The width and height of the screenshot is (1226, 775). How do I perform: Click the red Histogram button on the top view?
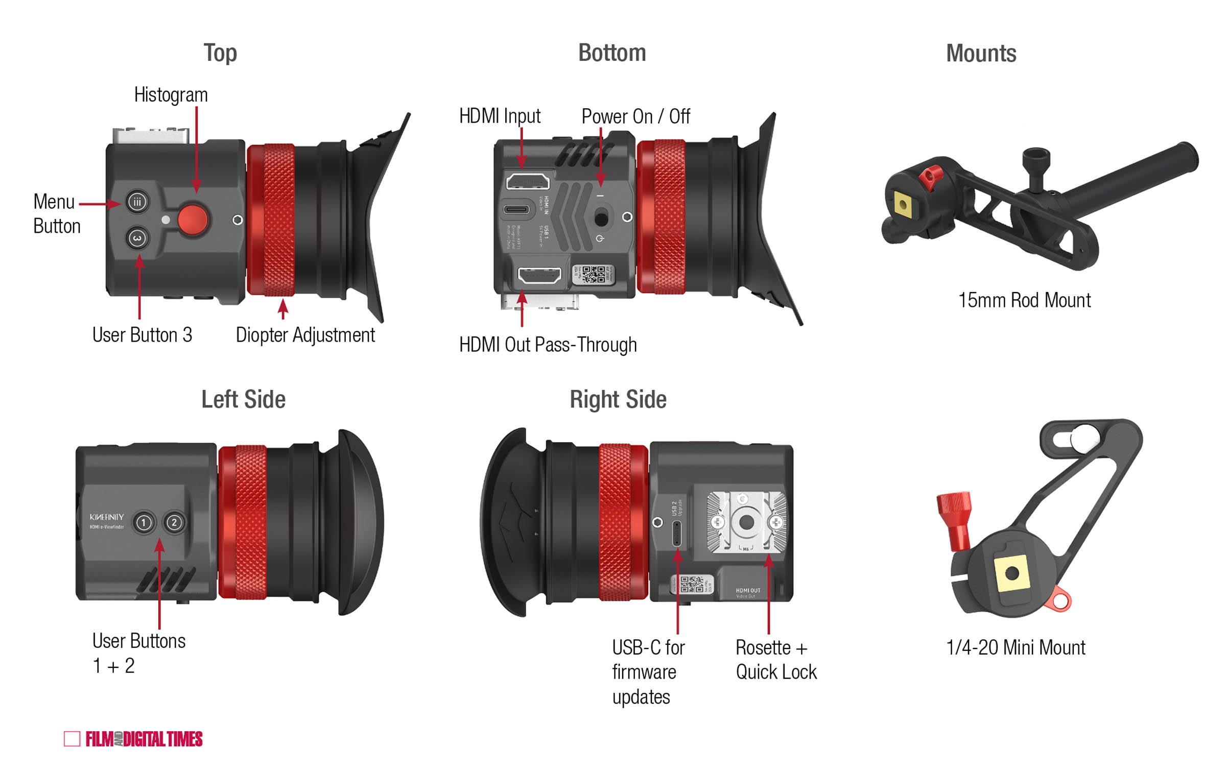(x=193, y=220)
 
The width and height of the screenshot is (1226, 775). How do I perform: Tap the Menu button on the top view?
(x=137, y=202)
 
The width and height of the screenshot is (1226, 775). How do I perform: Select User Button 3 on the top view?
(x=137, y=238)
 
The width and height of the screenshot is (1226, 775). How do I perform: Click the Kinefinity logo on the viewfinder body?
(x=107, y=517)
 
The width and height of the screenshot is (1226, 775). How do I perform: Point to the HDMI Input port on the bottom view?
(x=528, y=181)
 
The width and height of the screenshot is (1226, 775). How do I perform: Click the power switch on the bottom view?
(x=601, y=219)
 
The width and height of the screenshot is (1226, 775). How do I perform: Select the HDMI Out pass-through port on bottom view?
(x=539, y=275)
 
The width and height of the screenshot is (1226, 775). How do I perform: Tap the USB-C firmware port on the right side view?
(x=677, y=534)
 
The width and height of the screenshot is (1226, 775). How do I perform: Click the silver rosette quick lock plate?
(x=746, y=522)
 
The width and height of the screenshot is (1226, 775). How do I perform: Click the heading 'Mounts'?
(x=981, y=54)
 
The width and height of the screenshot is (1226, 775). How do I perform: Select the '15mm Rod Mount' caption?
(x=1024, y=300)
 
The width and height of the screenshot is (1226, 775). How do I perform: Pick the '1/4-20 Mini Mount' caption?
(x=1016, y=647)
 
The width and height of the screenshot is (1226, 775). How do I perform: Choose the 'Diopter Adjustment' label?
(x=305, y=335)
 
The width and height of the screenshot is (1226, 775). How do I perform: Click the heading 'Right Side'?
(x=618, y=399)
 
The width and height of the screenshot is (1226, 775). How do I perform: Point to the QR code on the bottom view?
(x=594, y=274)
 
